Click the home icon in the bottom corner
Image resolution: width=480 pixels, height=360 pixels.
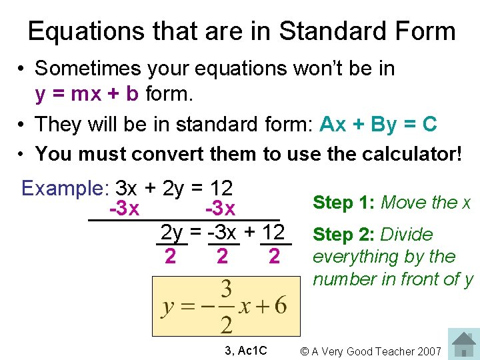click(x=463, y=343)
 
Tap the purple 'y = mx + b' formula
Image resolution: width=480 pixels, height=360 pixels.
click(x=87, y=94)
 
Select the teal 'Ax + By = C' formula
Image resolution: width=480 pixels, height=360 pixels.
click(x=378, y=124)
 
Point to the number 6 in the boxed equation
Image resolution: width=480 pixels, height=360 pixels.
click(x=280, y=306)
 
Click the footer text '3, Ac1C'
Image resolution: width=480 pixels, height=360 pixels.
click(x=246, y=351)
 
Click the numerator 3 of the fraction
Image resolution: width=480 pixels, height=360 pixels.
click(x=227, y=289)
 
